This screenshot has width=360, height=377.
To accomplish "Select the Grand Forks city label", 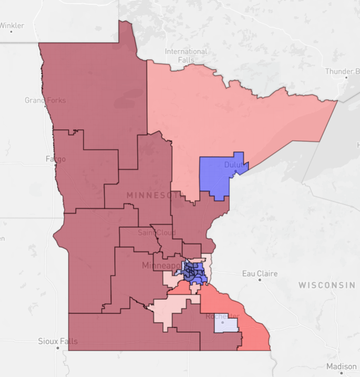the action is point(45,100).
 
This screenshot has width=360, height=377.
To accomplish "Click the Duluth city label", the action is point(235,165).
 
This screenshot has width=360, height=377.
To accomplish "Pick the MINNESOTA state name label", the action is point(155,196).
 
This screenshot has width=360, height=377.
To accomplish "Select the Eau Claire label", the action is point(260,273).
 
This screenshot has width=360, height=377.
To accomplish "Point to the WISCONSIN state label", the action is point(326,285).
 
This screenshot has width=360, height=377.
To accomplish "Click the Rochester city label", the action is point(222,317).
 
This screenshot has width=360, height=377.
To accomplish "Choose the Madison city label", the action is point(341,366).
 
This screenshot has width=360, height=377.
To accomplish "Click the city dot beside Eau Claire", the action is point(260,280).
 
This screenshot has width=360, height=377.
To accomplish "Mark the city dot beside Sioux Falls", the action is point(57,348).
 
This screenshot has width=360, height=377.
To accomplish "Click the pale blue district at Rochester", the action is point(226,325).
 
